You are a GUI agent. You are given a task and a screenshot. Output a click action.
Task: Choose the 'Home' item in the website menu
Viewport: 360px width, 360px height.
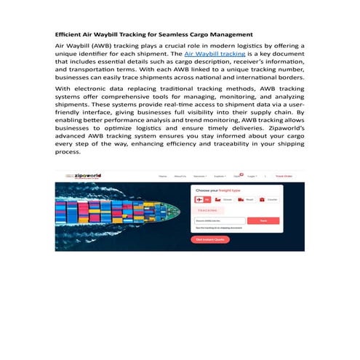point(162,176)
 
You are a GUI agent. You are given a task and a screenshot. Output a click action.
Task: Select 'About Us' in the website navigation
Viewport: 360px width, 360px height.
point(180,176)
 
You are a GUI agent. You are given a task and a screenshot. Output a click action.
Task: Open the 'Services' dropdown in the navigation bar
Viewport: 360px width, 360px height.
point(200,176)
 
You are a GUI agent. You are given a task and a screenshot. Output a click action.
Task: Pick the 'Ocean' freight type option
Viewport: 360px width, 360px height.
point(221,199)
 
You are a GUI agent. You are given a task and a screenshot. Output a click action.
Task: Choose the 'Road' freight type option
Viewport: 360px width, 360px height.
point(243,199)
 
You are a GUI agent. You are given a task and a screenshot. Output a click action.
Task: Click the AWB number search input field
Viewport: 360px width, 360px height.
point(219,220)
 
